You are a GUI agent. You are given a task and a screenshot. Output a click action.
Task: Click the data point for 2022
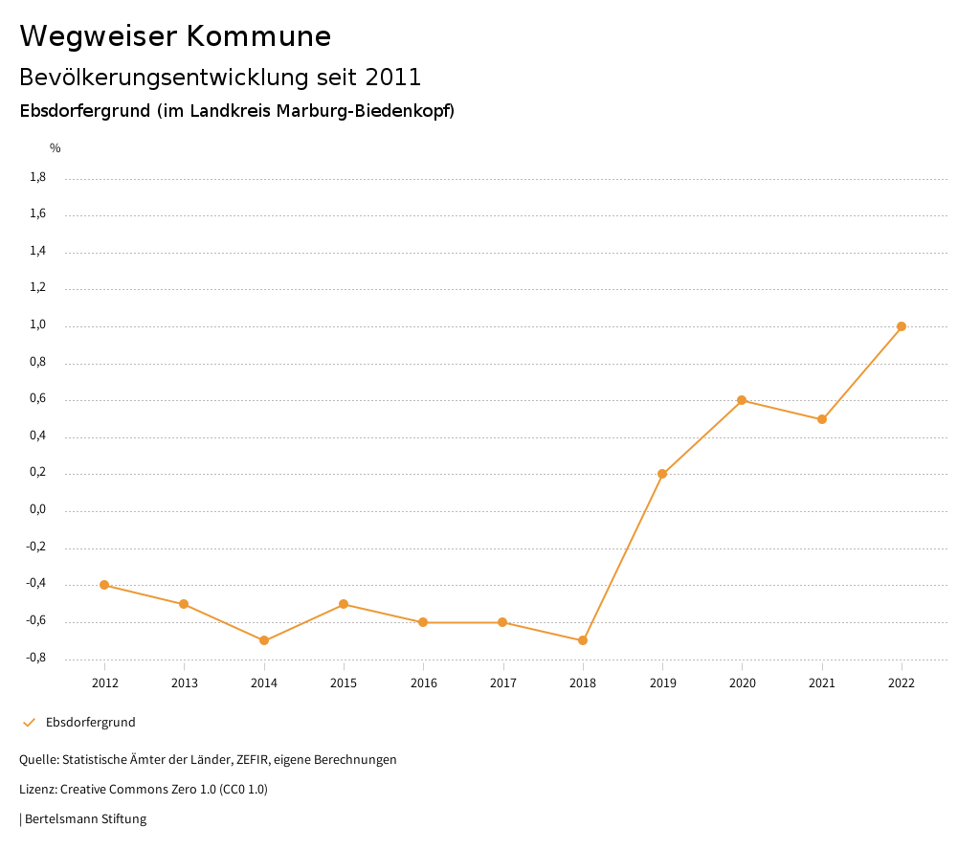point(902,326)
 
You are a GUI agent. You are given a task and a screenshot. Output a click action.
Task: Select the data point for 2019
point(662,474)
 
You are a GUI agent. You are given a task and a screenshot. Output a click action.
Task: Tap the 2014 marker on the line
point(264,640)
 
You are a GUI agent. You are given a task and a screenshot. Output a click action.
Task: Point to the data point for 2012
point(104,585)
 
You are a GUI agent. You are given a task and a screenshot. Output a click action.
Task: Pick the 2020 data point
point(742,400)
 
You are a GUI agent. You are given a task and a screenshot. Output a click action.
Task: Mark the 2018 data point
point(583,640)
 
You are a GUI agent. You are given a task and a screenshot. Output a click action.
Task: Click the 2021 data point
point(822,419)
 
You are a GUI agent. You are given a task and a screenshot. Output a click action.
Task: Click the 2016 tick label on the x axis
point(423,682)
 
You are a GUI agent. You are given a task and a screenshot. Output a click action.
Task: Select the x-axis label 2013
point(184,682)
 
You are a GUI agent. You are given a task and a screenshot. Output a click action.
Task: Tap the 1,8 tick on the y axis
point(38,177)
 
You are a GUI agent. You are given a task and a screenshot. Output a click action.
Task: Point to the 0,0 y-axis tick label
point(38,510)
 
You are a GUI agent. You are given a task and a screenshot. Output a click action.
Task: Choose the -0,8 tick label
point(36,659)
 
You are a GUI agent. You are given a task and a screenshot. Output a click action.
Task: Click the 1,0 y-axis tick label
point(38,325)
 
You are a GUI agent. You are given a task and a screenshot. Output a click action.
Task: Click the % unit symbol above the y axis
point(56,148)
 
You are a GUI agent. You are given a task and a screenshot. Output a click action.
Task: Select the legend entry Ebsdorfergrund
point(91,723)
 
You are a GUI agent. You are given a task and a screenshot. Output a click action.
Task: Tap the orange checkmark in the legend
point(29,723)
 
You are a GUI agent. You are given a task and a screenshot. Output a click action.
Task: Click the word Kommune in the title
point(258,36)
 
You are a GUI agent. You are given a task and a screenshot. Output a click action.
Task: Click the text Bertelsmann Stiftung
point(85,819)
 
